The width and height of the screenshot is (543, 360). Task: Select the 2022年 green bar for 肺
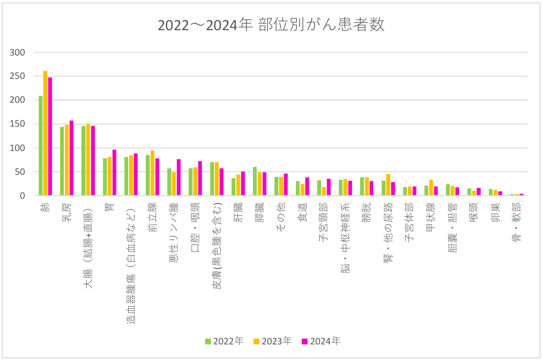tap(41, 146)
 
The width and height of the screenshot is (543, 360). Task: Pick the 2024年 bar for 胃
tap(114, 172)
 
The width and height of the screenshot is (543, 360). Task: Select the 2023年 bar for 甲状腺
tap(431, 188)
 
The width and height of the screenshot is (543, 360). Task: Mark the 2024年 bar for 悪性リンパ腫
tap(178, 177)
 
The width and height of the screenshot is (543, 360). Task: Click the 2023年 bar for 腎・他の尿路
tap(388, 185)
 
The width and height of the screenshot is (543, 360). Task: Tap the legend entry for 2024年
tap(321, 341)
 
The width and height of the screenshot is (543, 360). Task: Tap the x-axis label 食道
tap(303, 215)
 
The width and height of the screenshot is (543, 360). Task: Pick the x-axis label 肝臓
tap(238, 215)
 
